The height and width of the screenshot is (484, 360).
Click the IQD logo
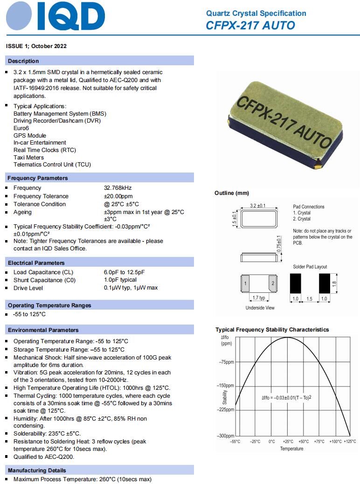pyautogui.click(x=55, y=18)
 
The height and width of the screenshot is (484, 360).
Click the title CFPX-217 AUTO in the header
pyautogui.click(x=250, y=25)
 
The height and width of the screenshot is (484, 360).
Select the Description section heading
pyautogui.click(x=23, y=61)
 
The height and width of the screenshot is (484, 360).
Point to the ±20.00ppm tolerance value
pyautogui.click(x=118, y=196)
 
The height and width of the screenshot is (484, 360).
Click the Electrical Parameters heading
pyautogui.click(x=36, y=263)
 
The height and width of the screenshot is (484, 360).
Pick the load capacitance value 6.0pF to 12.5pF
pyautogui.click(x=124, y=272)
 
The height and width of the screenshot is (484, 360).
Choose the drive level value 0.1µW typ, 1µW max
pyautogui.click(x=131, y=288)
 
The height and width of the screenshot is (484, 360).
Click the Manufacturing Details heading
pyautogui.click(x=37, y=470)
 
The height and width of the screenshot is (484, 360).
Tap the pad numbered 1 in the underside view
pyautogui.click(x=245, y=283)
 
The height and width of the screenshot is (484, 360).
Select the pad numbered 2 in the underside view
pyautogui.click(x=273, y=283)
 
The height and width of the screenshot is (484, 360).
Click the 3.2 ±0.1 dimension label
pyautogui.click(x=258, y=206)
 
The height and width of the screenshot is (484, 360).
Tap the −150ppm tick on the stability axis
pyautogui.click(x=226, y=386)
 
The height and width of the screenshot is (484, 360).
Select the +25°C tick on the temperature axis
pyautogui.click(x=288, y=441)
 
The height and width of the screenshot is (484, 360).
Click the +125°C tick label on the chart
pyautogui.click(x=349, y=441)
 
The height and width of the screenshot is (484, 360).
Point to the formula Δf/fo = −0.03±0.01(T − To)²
pyautogui.click(x=286, y=397)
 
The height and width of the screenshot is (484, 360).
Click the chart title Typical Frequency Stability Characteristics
pyautogui.click(x=272, y=330)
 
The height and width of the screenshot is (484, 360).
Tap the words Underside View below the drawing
pyautogui.click(x=260, y=308)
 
